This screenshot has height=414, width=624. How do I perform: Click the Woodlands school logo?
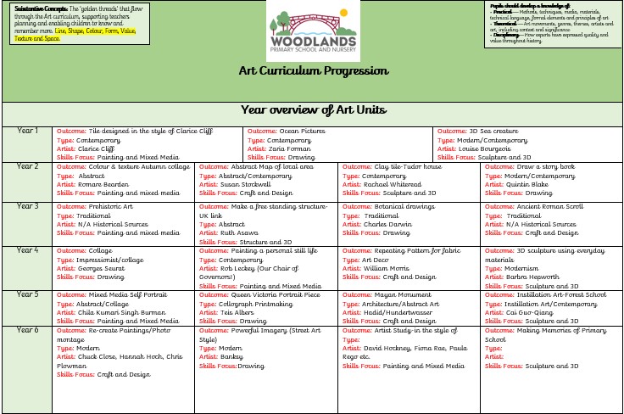click(311, 30)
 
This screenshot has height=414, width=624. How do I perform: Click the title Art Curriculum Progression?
click(313, 71)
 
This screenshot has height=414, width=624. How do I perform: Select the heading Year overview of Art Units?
click(313, 109)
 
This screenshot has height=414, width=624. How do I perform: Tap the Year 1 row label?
click(28, 131)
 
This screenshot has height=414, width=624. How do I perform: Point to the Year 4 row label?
click(28, 250)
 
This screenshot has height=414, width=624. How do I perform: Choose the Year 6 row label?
click(28, 329)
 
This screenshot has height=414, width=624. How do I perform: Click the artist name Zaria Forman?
click(292, 148)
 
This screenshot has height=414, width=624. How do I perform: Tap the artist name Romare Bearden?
click(105, 184)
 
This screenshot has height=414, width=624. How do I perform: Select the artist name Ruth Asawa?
click(241, 232)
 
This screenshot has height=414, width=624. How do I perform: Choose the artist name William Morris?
click(386, 268)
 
